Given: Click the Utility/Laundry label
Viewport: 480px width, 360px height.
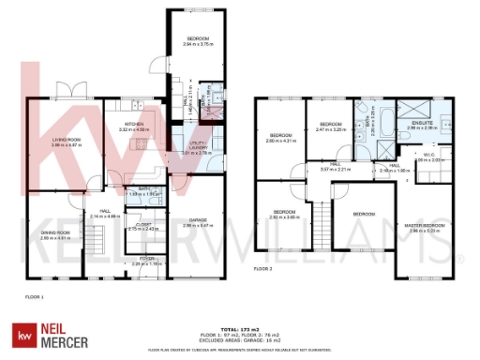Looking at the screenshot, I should click(x=197, y=144).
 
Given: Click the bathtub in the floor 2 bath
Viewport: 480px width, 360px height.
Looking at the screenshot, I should click(x=360, y=122).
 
